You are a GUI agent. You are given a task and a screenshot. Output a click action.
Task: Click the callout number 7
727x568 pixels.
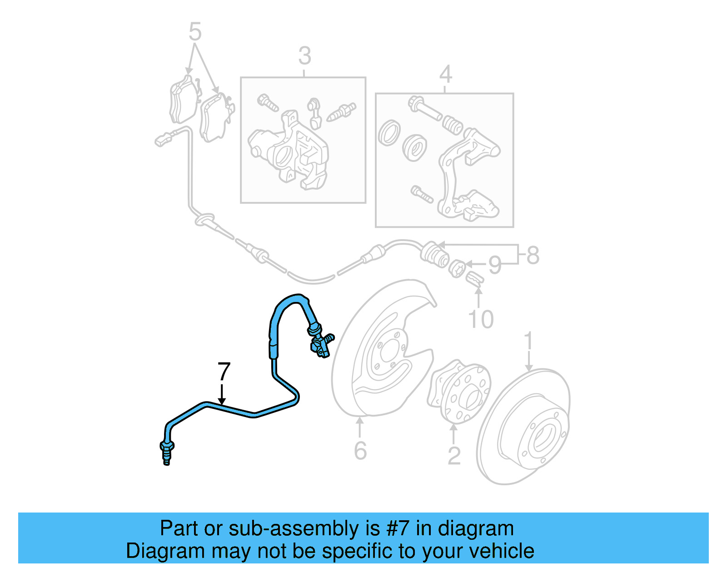[224, 372]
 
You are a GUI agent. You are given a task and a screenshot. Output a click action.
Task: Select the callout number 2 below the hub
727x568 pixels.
[454, 456]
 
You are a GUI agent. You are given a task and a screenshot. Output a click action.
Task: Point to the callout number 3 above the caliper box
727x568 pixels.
[304, 56]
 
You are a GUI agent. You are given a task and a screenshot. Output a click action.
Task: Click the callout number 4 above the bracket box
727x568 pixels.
[445, 74]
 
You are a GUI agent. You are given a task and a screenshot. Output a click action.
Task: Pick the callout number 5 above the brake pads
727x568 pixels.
[194, 32]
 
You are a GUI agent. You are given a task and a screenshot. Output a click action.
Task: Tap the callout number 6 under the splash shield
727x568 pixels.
[360, 451]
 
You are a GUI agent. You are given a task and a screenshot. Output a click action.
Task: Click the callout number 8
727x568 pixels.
[533, 255]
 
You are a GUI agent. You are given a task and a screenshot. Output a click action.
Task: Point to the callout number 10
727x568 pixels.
[481, 319]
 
